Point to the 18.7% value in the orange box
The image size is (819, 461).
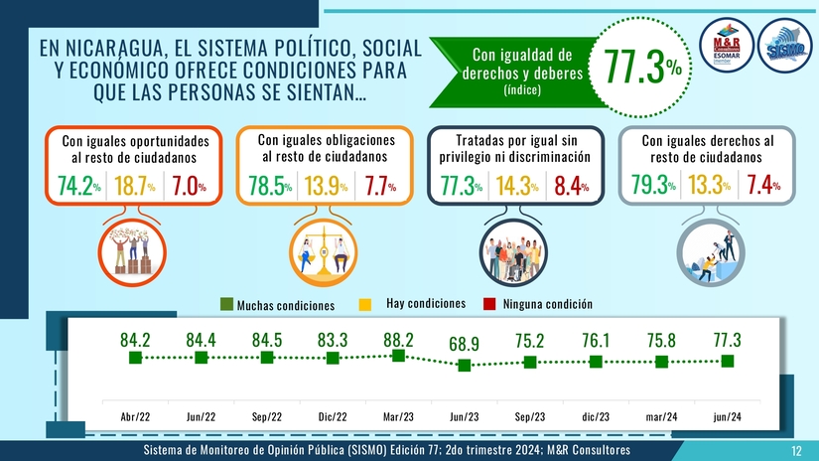tap(133, 185)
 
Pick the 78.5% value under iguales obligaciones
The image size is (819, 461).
tap(269, 186)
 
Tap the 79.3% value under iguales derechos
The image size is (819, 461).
tap(653, 185)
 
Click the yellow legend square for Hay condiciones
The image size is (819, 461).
tap(363, 303)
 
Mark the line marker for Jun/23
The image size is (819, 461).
tap(464, 366)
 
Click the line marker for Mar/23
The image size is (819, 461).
tap(398, 356)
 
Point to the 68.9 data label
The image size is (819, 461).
tap(464, 345)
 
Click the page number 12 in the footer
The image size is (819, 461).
tap(795, 452)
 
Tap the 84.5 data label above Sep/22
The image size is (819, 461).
tap(267, 340)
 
